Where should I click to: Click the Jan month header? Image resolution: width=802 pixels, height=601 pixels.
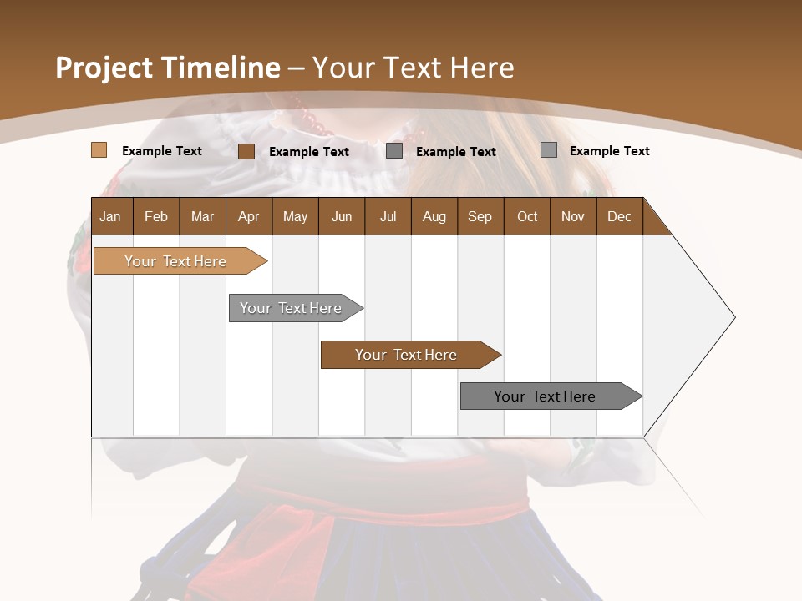point(111,216)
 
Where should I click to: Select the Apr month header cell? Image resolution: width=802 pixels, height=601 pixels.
point(249,216)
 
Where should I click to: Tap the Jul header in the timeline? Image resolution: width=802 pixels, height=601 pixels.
point(388,216)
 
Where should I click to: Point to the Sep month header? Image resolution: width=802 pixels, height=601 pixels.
point(480,216)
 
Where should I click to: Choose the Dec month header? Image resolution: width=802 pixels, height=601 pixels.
point(619,216)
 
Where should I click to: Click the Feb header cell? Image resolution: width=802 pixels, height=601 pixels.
point(156,216)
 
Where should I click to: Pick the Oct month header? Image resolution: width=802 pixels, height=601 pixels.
point(527,216)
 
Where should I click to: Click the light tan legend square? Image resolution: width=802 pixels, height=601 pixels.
point(99,150)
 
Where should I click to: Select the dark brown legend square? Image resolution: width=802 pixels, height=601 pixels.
point(246,151)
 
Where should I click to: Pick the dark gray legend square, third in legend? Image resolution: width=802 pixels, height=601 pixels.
point(394,151)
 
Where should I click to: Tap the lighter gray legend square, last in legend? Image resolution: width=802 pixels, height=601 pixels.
point(548,150)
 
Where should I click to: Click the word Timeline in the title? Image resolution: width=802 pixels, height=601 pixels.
point(221,68)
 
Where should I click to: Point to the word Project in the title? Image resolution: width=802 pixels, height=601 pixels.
point(104,68)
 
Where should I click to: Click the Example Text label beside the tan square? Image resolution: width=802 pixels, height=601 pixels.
point(162,151)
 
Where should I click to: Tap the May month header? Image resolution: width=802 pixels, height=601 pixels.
point(295,216)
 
